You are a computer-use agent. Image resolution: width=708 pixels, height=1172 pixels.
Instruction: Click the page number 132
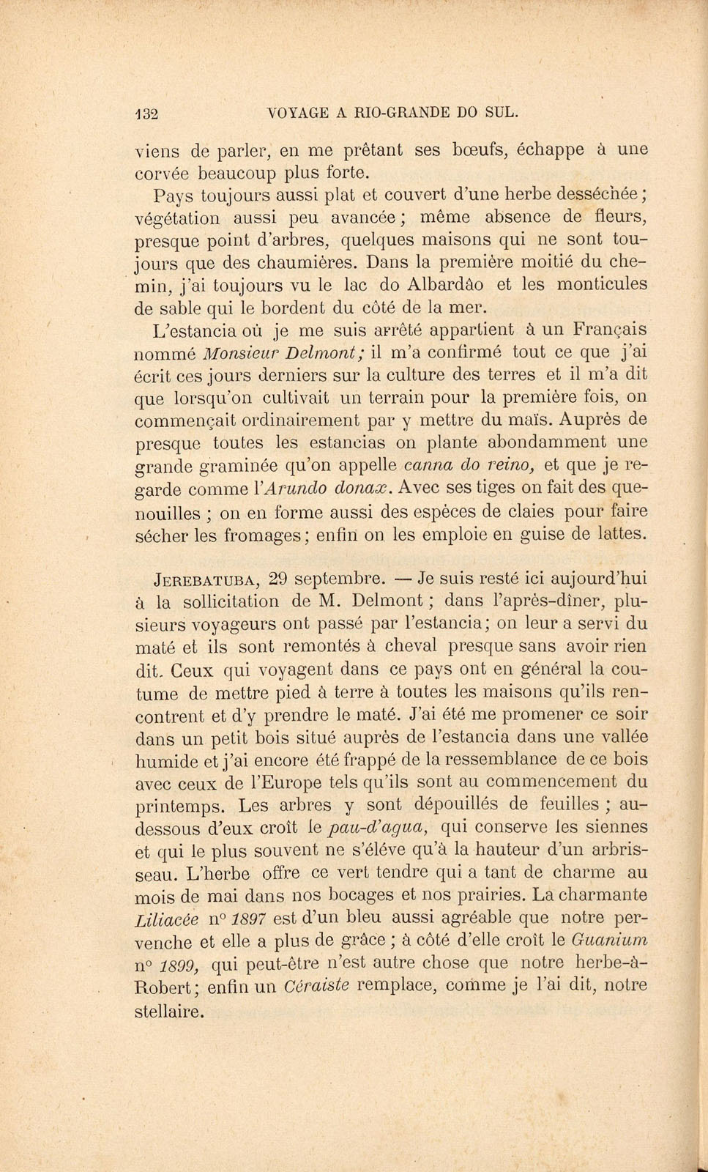(148, 114)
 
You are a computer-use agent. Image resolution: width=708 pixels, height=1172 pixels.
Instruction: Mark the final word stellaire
(169, 1013)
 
